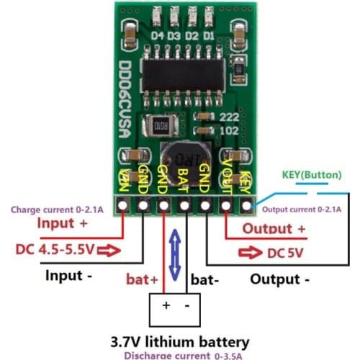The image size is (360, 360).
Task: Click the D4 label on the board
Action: [159, 35]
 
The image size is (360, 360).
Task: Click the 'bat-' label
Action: [202, 278]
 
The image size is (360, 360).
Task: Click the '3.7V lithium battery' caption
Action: [180, 341]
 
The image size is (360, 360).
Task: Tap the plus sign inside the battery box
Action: [166, 305]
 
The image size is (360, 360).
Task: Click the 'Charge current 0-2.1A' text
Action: [56, 210]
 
